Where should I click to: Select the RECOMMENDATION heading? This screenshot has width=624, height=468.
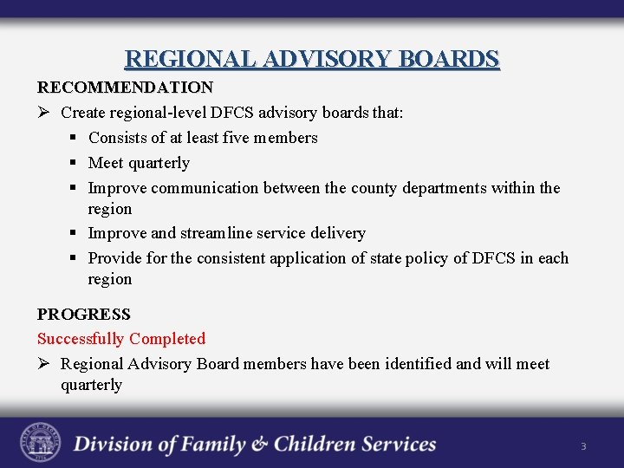tap(125, 88)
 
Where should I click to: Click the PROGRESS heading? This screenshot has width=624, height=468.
tap(84, 314)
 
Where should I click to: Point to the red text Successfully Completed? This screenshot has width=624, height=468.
tap(121, 339)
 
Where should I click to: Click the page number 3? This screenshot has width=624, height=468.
tap(583, 446)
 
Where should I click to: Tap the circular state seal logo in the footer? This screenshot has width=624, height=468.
tap(41, 443)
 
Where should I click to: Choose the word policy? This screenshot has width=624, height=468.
tap(427, 258)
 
